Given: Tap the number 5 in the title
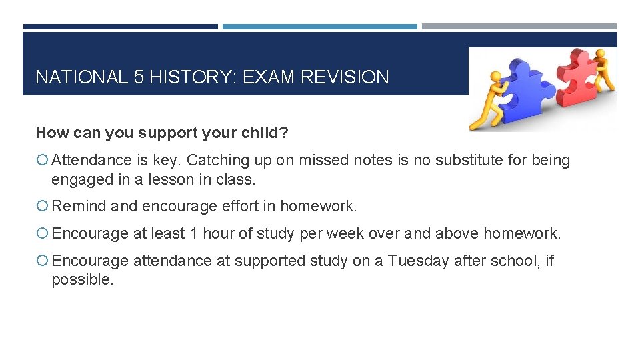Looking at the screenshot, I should tap(139, 77).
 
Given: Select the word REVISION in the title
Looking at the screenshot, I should tap(345, 77).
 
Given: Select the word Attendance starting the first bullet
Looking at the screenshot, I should tap(91, 160).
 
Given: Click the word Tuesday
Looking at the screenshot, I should tap(419, 261).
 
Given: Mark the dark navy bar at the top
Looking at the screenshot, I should tap(120, 27).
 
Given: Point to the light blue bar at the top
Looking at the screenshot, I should tap(319, 27).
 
